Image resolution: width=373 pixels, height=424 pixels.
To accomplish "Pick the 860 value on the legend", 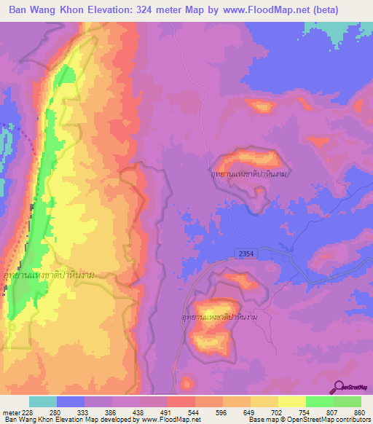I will pos(359,412).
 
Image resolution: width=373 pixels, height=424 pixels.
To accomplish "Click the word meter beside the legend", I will pos(11,412).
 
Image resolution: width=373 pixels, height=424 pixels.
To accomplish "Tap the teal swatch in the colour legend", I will pos(43,401).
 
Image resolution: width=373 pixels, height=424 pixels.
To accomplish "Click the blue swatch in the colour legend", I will pos(71,401).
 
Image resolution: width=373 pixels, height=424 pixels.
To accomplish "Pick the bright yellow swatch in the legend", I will pos(291,401).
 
